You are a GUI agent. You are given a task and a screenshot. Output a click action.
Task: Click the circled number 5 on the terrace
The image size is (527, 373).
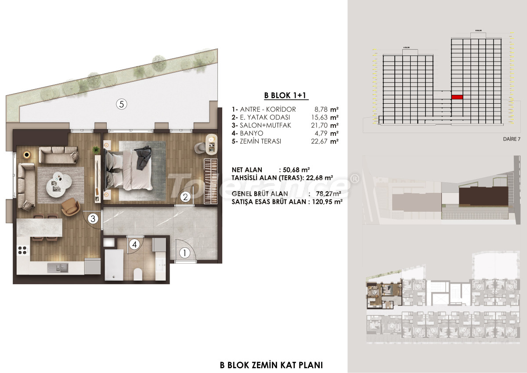[122, 104]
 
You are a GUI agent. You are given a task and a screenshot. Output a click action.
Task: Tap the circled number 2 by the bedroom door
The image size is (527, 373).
[186, 197]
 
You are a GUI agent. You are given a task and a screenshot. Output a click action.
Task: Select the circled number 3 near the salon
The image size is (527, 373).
[93, 218]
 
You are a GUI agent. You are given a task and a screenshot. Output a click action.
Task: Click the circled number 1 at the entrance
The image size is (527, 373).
[185, 253]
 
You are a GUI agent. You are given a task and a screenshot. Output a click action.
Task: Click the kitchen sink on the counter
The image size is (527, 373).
[57, 268]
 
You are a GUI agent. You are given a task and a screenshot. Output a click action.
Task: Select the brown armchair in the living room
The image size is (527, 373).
[69, 207]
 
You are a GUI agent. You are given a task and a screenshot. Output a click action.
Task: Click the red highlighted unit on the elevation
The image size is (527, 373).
[457, 97]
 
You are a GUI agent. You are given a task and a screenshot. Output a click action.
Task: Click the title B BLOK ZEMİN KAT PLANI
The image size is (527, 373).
[271, 365]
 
